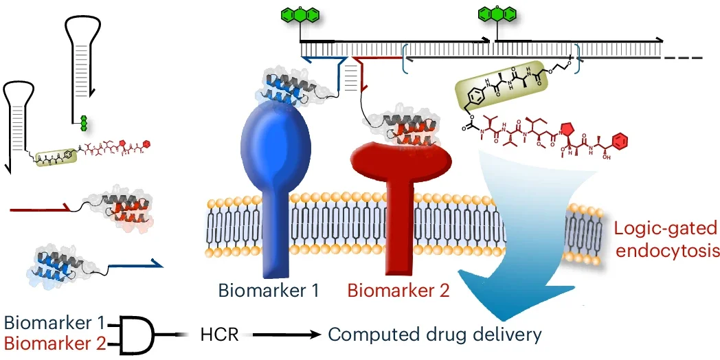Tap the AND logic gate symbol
[x=138, y=333]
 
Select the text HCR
[x=219, y=335]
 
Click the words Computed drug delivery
[x=435, y=335]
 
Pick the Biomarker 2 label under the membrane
[x=398, y=290]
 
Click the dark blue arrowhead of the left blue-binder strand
[x=157, y=263]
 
